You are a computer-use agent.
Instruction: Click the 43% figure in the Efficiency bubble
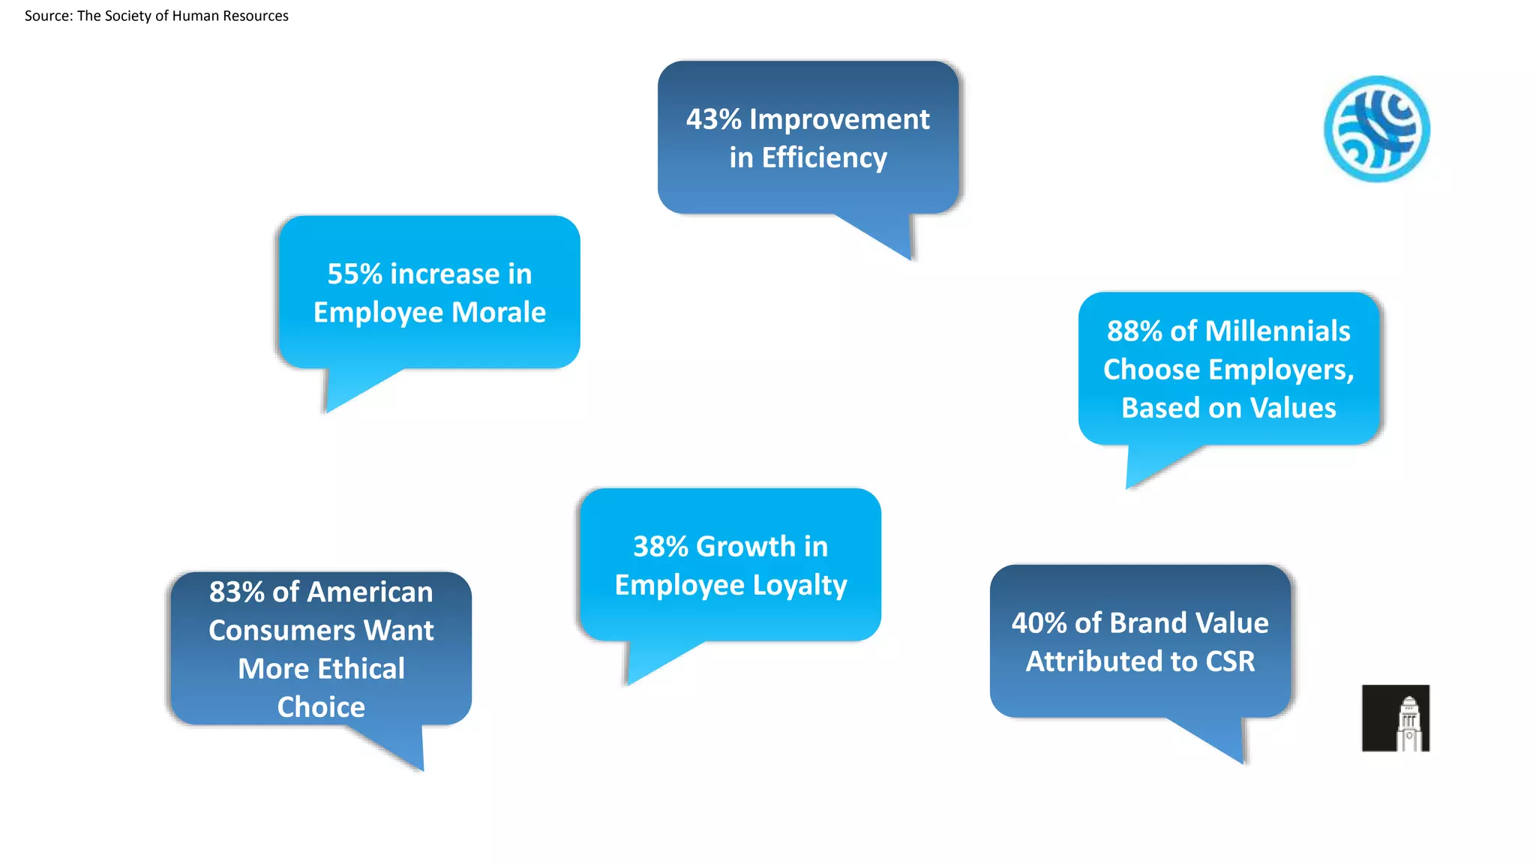click(x=713, y=120)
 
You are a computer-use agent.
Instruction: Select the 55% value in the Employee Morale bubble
click(x=355, y=274)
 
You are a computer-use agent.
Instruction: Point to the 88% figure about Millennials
click(x=1134, y=331)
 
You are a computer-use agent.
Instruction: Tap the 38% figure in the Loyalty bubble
click(x=660, y=547)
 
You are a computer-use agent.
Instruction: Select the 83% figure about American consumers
click(x=236, y=592)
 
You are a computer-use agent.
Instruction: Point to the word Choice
click(x=321, y=707)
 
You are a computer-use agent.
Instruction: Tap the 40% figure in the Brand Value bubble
click(x=1039, y=623)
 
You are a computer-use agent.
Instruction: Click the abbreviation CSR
click(x=1230, y=661)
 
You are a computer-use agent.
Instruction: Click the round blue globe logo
click(x=1376, y=129)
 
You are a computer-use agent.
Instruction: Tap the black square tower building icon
click(x=1396, y=718)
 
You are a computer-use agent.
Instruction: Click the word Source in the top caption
click(x=48, y=16)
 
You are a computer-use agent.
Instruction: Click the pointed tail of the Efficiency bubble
click(x=892, y=240)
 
